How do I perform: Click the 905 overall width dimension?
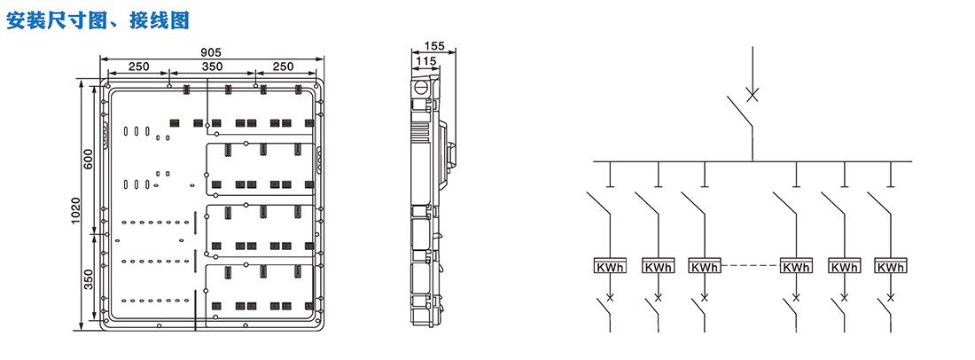(x=212, y=53)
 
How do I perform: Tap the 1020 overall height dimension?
(x=75, y=211)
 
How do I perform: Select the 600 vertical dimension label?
(x=89, y=160)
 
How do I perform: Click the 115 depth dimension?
(x=425, y=60)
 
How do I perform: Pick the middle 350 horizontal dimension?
(x=212, y=67)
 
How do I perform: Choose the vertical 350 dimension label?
(x=89, y=280)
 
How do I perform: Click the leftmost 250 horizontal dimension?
(x=138, y=67)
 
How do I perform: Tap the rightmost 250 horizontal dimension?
(x=284, y=67)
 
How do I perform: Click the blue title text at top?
(x=97, y=20)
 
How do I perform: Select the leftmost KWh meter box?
(x=610, y=265)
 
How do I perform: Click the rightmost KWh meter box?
(x=891, y=265)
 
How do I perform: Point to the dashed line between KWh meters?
(x=751, y=266)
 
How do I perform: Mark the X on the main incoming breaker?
(x=753, y=95)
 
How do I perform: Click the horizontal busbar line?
(x=753, y=161)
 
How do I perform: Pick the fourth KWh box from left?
(x=797, y=265)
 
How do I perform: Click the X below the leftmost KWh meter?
(x=610, y=296)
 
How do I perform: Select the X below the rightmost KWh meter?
(x=891, y=296)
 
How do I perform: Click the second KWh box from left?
(x=658, y=265)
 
